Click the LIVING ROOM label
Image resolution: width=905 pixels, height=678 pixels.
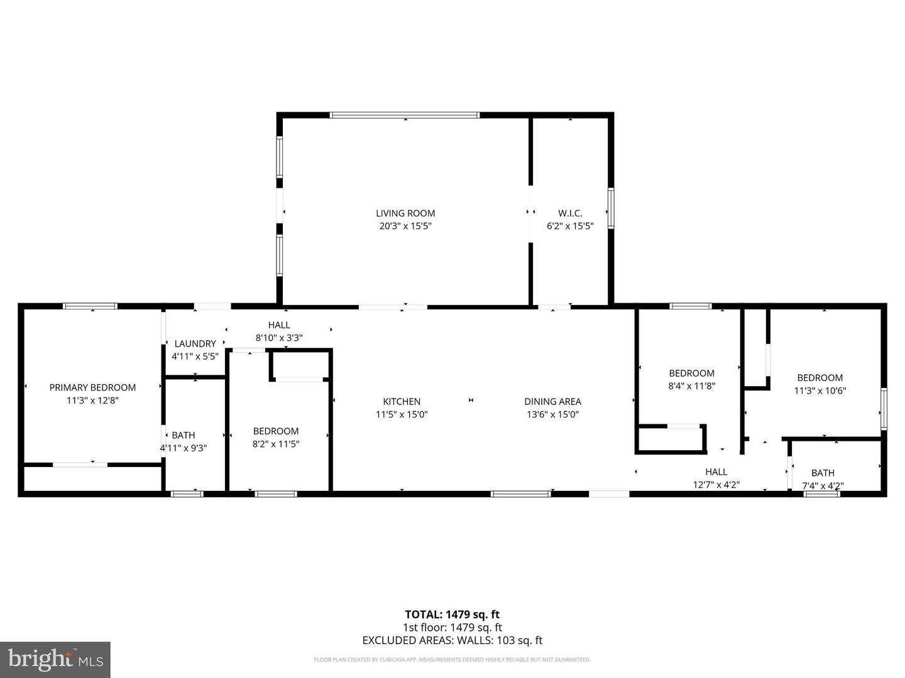click(405, 213)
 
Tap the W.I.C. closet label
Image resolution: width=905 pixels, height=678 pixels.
click(570, 213)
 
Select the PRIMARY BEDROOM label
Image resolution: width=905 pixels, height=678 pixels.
click(92, 387)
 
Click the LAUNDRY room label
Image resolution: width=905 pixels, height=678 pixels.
click(195, 343)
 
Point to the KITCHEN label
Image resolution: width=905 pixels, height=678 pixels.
click(402, 401)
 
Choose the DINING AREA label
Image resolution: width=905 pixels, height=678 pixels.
click(552, 401)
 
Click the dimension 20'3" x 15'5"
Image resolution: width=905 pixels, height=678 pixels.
click(405, 226)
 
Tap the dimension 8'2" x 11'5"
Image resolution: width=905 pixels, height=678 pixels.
click(275, 444)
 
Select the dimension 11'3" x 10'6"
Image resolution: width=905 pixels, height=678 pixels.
click(820, 390)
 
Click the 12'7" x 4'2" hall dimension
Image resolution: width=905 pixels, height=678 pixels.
click(716, 485)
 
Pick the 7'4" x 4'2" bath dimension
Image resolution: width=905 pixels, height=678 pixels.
click(823, 485)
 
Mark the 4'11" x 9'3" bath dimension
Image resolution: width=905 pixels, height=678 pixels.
click(183, 448)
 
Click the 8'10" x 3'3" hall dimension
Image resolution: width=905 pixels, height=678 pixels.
click(279, 338)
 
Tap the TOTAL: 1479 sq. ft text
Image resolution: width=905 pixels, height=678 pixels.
click(452, 615)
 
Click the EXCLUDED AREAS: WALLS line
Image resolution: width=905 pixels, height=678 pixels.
click(452, 640)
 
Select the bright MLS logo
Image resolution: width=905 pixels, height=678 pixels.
click(55, 659)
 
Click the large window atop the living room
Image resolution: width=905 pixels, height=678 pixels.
click(405, 115)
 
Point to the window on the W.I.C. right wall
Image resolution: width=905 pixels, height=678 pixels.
click(610, 208)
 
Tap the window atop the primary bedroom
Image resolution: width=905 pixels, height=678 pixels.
click(90, 306)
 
